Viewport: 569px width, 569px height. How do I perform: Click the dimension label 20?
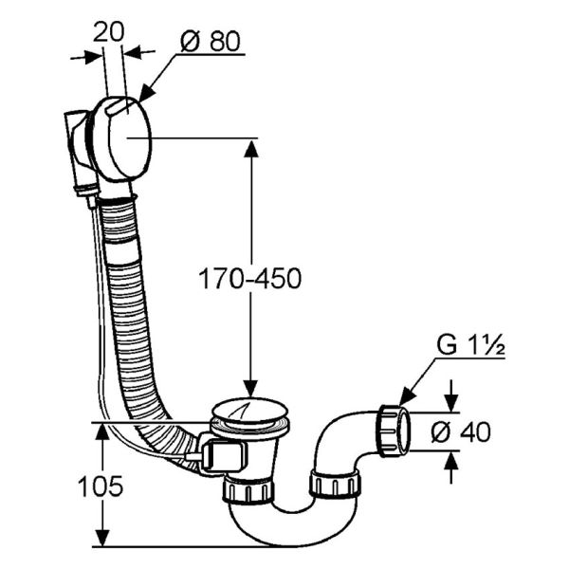coord(108,32)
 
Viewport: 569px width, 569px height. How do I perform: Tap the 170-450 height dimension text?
coord(250,278)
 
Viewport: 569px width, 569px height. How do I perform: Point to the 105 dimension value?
coord(101,486)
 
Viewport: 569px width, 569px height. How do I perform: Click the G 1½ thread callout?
coord(470,345)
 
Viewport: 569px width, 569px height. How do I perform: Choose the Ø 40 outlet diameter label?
coord(461,431)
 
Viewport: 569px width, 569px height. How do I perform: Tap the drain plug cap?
coord(250,411)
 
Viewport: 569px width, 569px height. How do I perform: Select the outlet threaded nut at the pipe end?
coord(394,431)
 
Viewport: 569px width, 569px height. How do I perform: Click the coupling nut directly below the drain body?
coord(248,490)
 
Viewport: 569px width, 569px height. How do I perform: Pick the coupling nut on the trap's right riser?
coord(335,484)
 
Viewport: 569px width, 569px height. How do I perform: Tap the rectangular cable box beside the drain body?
coord(223,454)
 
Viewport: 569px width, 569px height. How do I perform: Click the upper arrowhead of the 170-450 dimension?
coord(250,149)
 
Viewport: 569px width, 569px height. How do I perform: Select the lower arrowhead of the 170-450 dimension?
coord(250,388)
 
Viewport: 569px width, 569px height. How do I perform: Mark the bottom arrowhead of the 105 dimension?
coord(102,537)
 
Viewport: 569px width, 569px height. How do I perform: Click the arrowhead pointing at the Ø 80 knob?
coord(147,93)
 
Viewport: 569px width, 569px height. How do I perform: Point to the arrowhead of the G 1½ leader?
coord(407,396)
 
